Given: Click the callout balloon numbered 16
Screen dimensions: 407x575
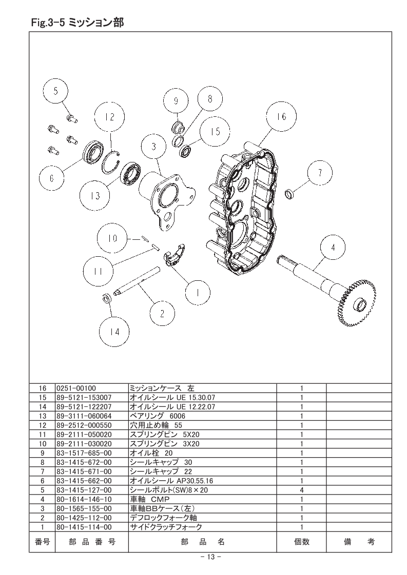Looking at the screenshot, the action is point(281,116).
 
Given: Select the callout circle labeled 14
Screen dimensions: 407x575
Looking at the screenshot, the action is point(114,332).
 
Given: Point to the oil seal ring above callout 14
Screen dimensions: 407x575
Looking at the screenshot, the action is point(106,298).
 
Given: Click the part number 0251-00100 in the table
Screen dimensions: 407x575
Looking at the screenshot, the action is point(76,388).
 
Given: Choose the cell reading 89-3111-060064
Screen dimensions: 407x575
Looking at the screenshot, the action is point(84,416).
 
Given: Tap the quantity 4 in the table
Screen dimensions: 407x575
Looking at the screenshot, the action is point(302,490).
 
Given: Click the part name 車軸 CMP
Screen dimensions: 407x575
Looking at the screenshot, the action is point(149,499).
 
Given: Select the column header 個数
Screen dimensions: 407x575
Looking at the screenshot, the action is point(302,541).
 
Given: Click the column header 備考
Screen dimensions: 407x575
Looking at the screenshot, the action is point(359,541).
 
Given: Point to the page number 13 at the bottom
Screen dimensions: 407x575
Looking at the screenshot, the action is point(210,557).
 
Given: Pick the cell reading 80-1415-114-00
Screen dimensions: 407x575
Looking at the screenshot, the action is point(84,527).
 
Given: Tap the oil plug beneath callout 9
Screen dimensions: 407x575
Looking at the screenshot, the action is point(178,128).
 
